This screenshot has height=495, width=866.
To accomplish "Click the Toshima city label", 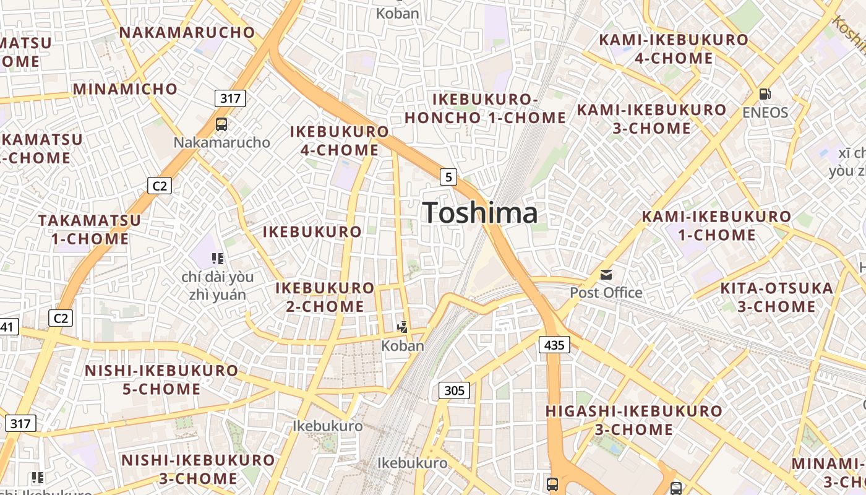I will pos(480,213).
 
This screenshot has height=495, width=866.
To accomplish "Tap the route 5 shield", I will pos(448,177).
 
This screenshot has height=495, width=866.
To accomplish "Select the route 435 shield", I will pos(554,345).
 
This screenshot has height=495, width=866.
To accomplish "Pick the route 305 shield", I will pos(454,390).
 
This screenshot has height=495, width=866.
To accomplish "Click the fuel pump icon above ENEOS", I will pos(765,94).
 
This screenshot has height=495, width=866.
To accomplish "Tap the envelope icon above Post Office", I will pos(606,274).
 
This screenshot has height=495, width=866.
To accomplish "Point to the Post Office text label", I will pos(606,292).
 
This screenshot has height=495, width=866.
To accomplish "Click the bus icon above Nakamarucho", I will pos(221,124).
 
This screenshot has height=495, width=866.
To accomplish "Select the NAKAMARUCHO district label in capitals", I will pos(187,32).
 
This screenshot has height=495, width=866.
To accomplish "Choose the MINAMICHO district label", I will pos(126,88).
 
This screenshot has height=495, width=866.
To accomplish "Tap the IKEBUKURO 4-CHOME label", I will pos(340,140).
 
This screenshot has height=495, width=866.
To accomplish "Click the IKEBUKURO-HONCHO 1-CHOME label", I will pos(485,108).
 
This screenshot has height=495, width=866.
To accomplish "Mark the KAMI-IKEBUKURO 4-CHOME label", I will pos(674,49).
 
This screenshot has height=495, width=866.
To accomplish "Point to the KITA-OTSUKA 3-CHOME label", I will pos(776,297).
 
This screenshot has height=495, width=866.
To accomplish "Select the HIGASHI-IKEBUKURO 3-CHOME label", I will pos(634,420).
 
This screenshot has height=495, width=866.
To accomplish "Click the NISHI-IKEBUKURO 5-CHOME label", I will pos(161,380).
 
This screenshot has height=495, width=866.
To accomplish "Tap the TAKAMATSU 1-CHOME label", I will pos(90,229).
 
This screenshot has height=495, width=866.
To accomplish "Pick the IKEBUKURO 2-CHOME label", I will pos(325,297).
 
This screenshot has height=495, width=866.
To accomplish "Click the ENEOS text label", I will pos(765,113).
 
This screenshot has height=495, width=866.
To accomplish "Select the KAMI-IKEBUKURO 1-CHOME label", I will pos(716,226).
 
